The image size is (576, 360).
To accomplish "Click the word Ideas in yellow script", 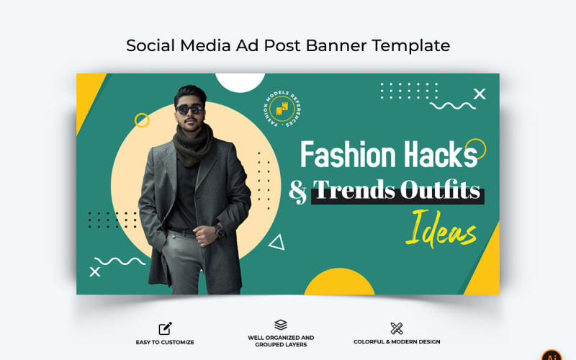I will click(x=441, y=230).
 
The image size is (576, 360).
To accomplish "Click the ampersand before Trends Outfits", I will click(x=298, y=191).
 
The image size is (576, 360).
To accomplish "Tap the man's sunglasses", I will click(x=189, y=109).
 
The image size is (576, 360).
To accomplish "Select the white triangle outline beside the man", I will click(x=276, y=243).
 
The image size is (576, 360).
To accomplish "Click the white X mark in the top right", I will click(x=480, y=94).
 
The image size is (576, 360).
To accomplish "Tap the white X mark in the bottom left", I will click(x=94, y=271).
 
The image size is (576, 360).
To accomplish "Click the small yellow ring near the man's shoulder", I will click(x=142, y=120).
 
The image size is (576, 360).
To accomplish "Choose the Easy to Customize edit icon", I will click(x=165, y=328).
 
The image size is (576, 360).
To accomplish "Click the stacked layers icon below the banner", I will click(x=281, y=325).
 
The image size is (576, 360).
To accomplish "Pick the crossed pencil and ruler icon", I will click(x=397, y=328).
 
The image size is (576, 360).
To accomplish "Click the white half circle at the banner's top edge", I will click(x=240, y=81).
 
